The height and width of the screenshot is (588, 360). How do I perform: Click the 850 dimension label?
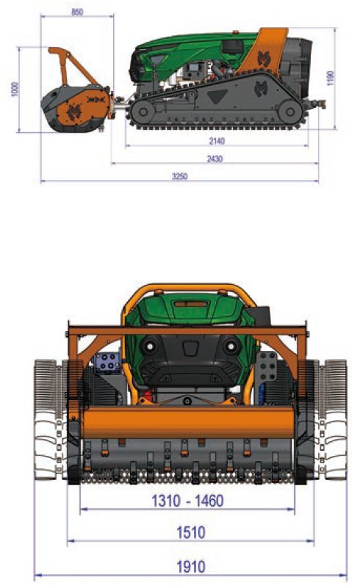click(x=77, y=12)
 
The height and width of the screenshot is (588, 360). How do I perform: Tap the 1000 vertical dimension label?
click(x=15, y=90)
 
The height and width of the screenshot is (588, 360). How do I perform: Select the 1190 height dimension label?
click(x=331, y=78)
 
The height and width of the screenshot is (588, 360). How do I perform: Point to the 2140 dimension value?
click(x=217, y=141)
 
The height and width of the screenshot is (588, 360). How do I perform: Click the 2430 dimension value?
click(x=215, y=159)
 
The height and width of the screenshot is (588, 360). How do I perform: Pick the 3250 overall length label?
click(x=179, y=176)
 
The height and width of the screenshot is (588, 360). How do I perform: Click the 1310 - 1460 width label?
click(x=187, y=501)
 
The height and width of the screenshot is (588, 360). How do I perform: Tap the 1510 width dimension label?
click(x=191, y=532)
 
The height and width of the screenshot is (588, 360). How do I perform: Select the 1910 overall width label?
click(x=191, y=567)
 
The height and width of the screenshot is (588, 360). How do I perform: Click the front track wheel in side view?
click(x=143, y=112)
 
